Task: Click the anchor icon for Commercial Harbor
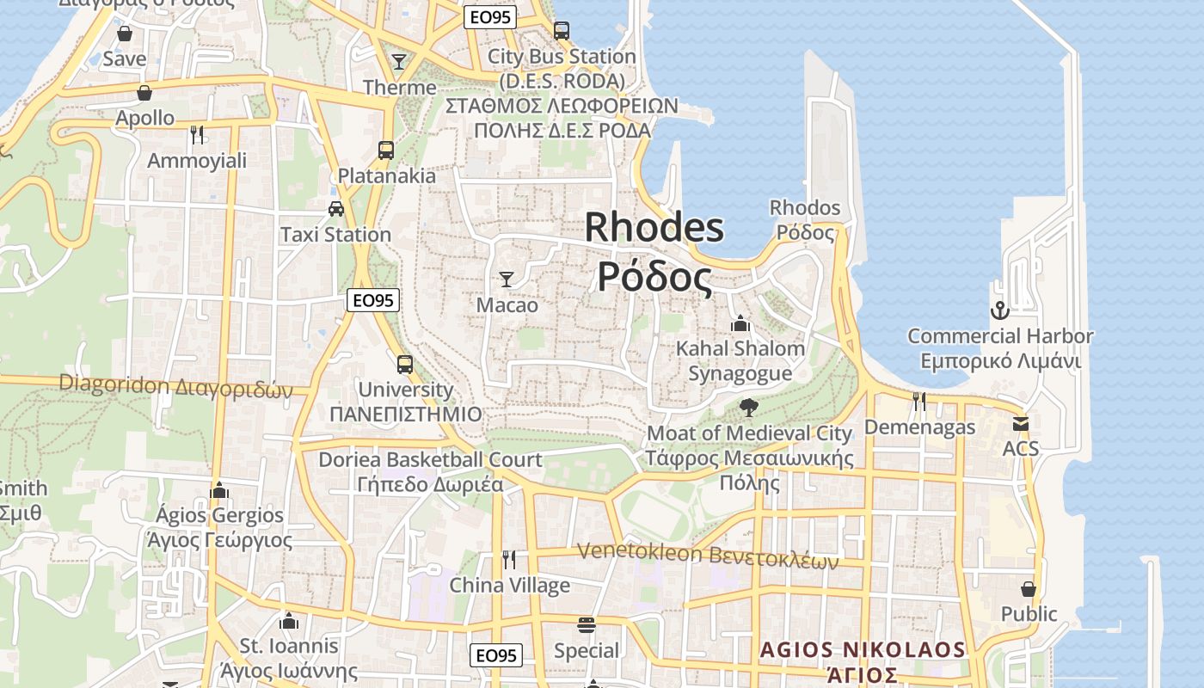pos(999,310)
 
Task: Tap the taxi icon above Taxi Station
pos(336,208)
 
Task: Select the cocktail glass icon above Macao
pos(507,279)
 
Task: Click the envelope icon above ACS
pos(1021,423)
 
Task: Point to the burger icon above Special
pos(587,624)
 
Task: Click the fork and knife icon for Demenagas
pos(919,401)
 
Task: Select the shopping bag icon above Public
pos(1029,589)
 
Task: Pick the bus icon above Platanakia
pos(386,150)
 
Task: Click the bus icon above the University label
pos(405,364)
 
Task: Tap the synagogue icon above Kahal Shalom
pos(740,323)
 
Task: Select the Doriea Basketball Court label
pos(430,460)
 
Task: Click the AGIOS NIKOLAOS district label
pos(863,649)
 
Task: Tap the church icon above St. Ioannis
pos(289,621)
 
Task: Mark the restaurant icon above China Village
pos(509,560)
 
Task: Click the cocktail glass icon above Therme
pos(399,61)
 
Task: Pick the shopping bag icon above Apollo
pos(144,93)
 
